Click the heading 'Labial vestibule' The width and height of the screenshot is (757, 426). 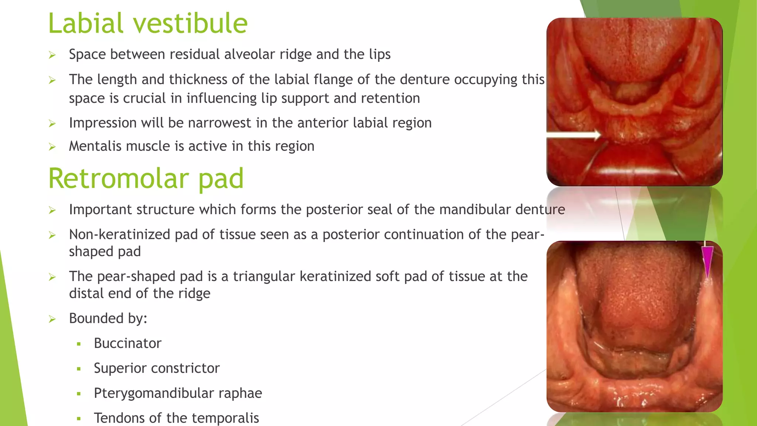point(147,23)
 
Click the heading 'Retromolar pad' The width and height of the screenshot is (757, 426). point(146,179)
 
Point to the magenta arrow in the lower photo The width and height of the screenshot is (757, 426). point(707,261)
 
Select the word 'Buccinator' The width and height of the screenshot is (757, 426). point(128,344)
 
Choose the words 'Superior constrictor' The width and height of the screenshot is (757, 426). point(157,368)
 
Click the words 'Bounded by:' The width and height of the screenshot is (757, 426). point(108,318)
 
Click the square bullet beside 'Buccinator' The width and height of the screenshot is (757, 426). point(79,344)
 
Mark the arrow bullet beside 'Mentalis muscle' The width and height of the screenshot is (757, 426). point(52,147)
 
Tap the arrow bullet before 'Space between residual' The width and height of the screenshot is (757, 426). point(52,55)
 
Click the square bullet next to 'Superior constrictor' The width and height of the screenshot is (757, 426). point(79,369)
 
